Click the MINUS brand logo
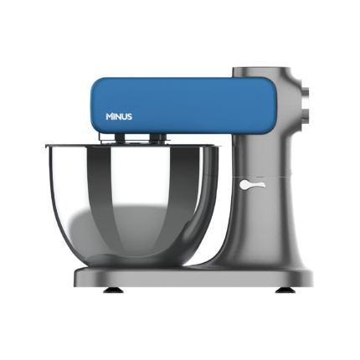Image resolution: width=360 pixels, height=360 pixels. (x=119, y=116)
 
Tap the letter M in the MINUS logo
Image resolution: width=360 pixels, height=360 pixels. (x=109, y=116)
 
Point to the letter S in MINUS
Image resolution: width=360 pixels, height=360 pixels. (x=129, y=116)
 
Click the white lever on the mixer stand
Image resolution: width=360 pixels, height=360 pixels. (x=252, y=184)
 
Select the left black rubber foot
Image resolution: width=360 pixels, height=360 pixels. (x=113, y=291)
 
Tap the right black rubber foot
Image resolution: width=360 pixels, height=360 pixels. (x=284, y=291)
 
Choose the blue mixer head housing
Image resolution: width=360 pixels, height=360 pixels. (x=183, y=105)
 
